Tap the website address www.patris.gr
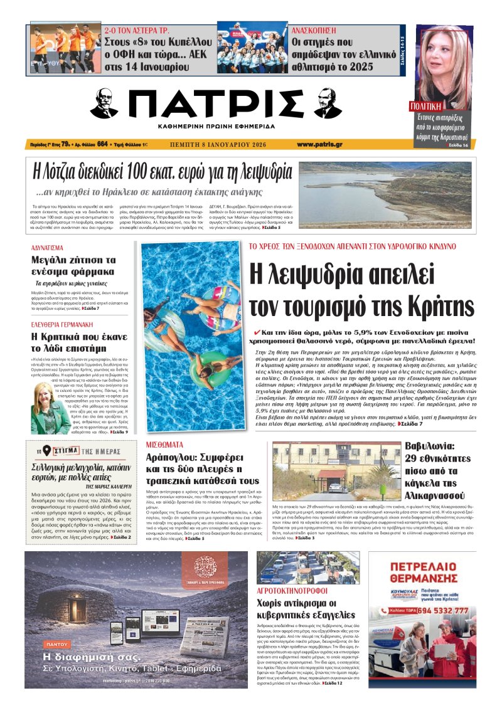319,144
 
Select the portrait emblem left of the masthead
104,103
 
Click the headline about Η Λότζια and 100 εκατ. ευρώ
163,171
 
